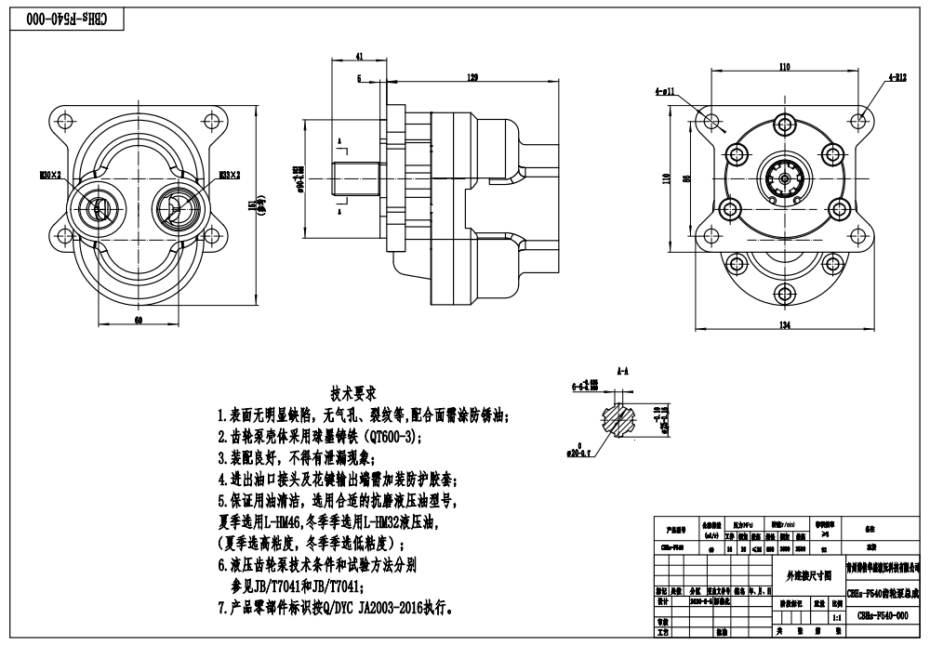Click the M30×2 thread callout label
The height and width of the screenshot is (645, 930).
coord(50,174)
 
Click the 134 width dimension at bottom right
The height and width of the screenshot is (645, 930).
coord(784,324)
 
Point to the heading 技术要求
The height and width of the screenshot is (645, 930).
coord(354,393)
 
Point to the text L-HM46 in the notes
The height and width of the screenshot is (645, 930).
coord(285,521)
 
